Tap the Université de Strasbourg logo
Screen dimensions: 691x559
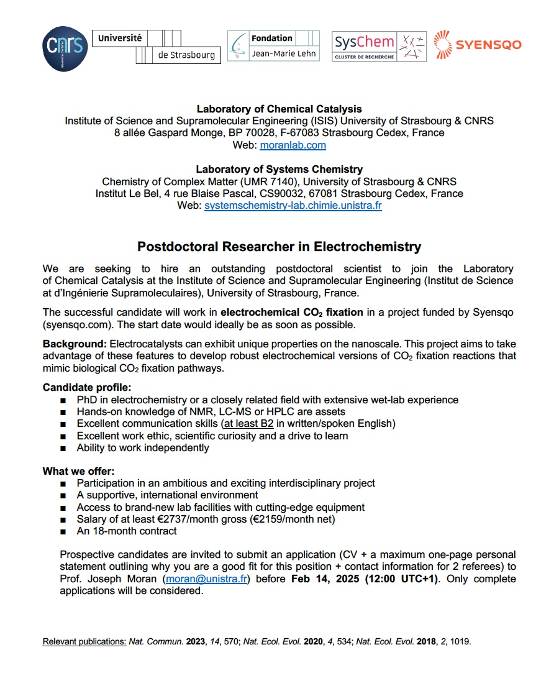tap(156, 46)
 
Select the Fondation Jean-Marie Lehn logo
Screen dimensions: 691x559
tap(273, 46)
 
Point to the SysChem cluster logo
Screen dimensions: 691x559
tap(379, 46)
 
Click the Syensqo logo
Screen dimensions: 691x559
tap(477, 45)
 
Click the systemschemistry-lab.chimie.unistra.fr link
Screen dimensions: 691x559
tap(293, 205)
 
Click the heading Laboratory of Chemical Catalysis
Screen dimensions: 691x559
tap(279, 109)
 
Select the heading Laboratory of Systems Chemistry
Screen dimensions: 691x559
tap(279, 169)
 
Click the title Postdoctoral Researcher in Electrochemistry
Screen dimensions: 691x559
tap(279, 247)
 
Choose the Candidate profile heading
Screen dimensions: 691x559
tap(87, 388)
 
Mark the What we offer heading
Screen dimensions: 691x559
tap(78, 471)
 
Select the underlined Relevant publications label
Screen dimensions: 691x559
tap(84, 641)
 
